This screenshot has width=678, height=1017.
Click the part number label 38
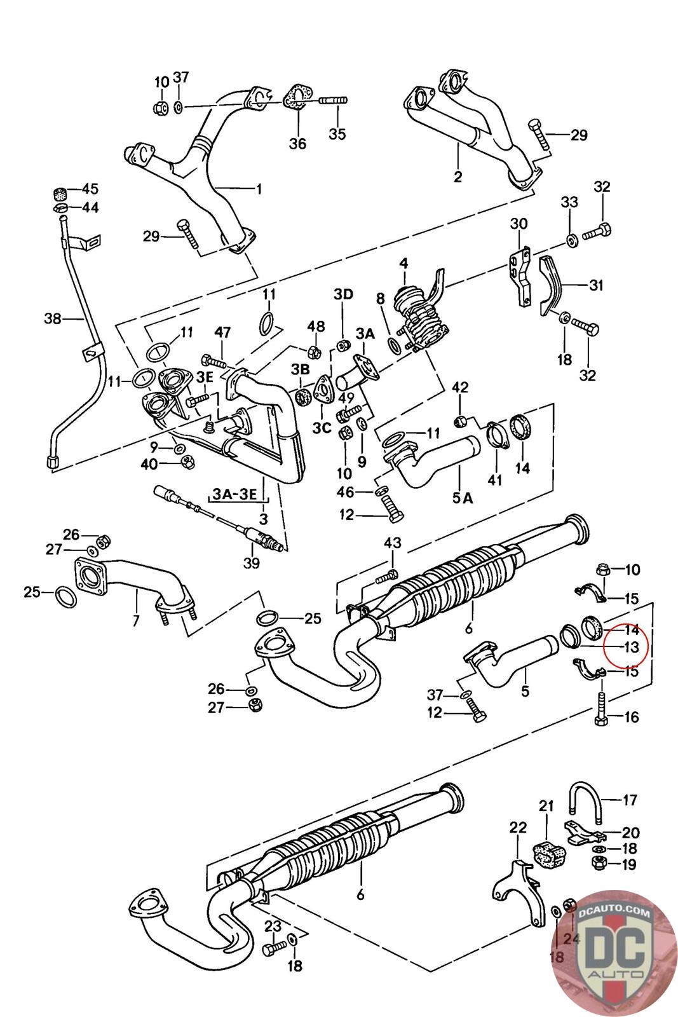pos(53,318)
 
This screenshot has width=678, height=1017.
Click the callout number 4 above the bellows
pos(403,263)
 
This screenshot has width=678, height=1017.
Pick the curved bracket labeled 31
pos(551,286)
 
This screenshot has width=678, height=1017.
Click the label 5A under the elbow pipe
pos(463,498)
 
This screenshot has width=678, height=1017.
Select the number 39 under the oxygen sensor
pos(252,563)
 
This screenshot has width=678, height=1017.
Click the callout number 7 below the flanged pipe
pos(136,620)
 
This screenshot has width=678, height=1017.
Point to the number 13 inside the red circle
pos(631,647)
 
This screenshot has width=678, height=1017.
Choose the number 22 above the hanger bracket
pos(519,827)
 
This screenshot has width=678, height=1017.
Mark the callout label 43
pos(393,543)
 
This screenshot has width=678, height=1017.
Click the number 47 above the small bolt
pos(222,332)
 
